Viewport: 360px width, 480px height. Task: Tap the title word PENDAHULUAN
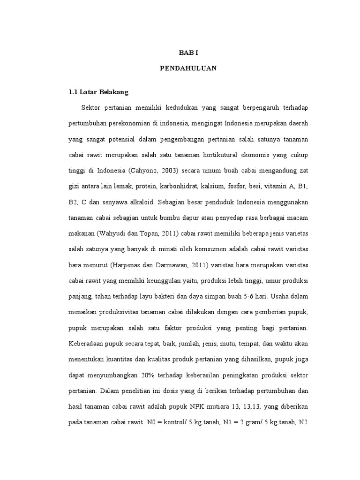click(x=188, y=68)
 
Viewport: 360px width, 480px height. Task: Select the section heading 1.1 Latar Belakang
click(x=98, y=91)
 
